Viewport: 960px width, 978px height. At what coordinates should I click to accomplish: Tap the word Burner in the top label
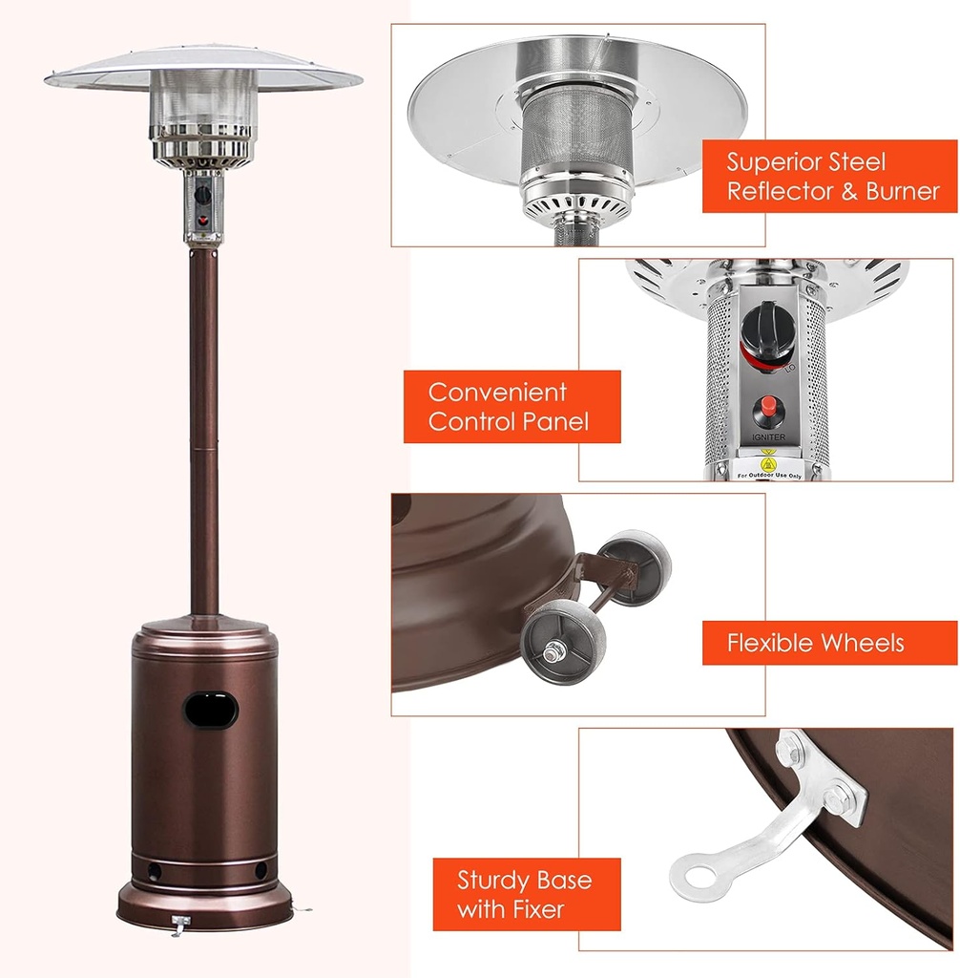click(x=902, y=191)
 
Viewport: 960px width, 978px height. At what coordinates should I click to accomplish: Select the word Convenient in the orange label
click(x=497, y=393)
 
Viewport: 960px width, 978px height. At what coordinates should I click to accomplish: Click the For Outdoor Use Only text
click(x=769, y=474)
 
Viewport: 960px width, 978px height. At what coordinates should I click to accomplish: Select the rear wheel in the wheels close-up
click(x=637, y=565)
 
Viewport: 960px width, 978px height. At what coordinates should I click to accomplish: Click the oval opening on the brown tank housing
click(x=211, y=710)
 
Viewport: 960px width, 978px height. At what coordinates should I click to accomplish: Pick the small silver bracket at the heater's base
click(x=179, y=923)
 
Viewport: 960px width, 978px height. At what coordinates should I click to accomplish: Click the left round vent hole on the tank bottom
click(x=153, y=871)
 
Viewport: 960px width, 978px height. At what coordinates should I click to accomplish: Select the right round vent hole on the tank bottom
click(x=260, y=871)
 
